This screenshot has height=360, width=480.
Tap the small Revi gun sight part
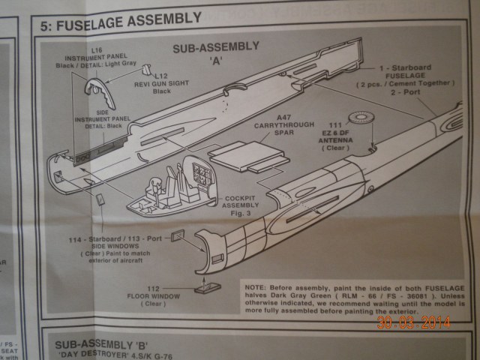[x=147, y=70]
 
